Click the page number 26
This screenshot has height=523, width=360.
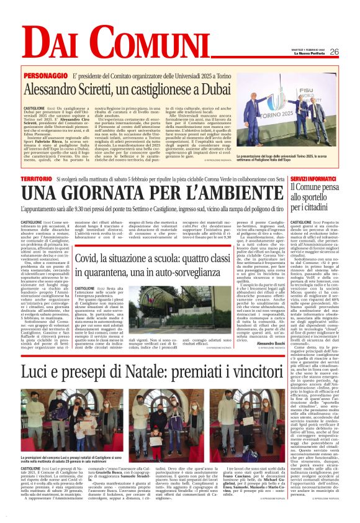pos(334,52)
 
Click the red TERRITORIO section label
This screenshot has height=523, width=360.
pos(36,178)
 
